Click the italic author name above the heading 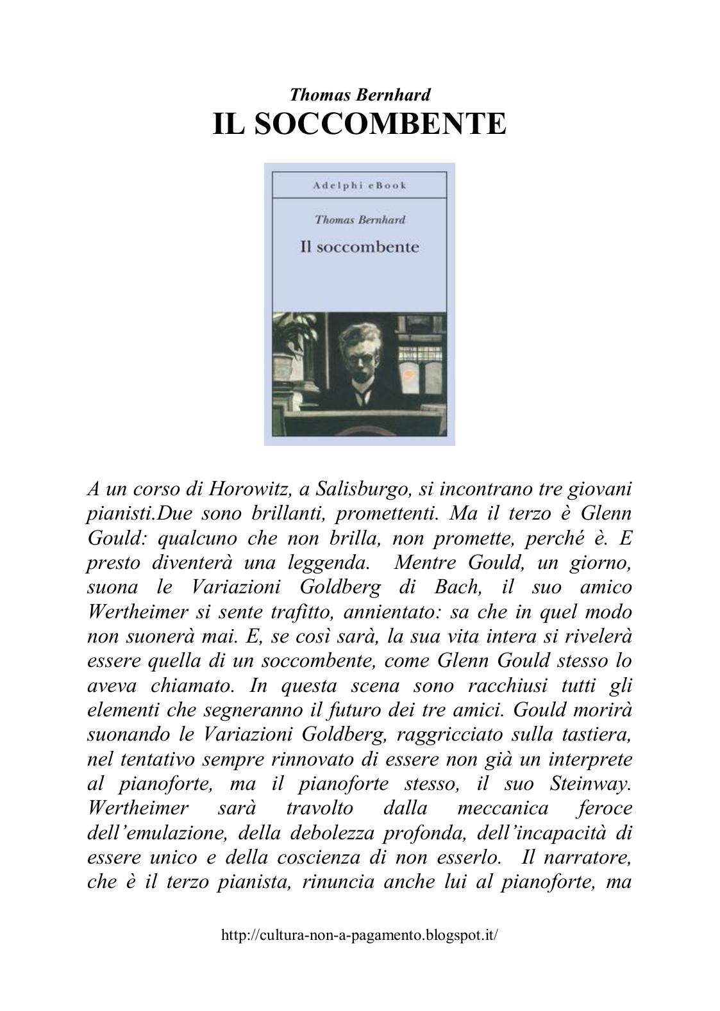[360, 95]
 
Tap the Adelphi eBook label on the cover [360, 186]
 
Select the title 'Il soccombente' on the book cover [359, 247]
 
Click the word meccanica [503, 808]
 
